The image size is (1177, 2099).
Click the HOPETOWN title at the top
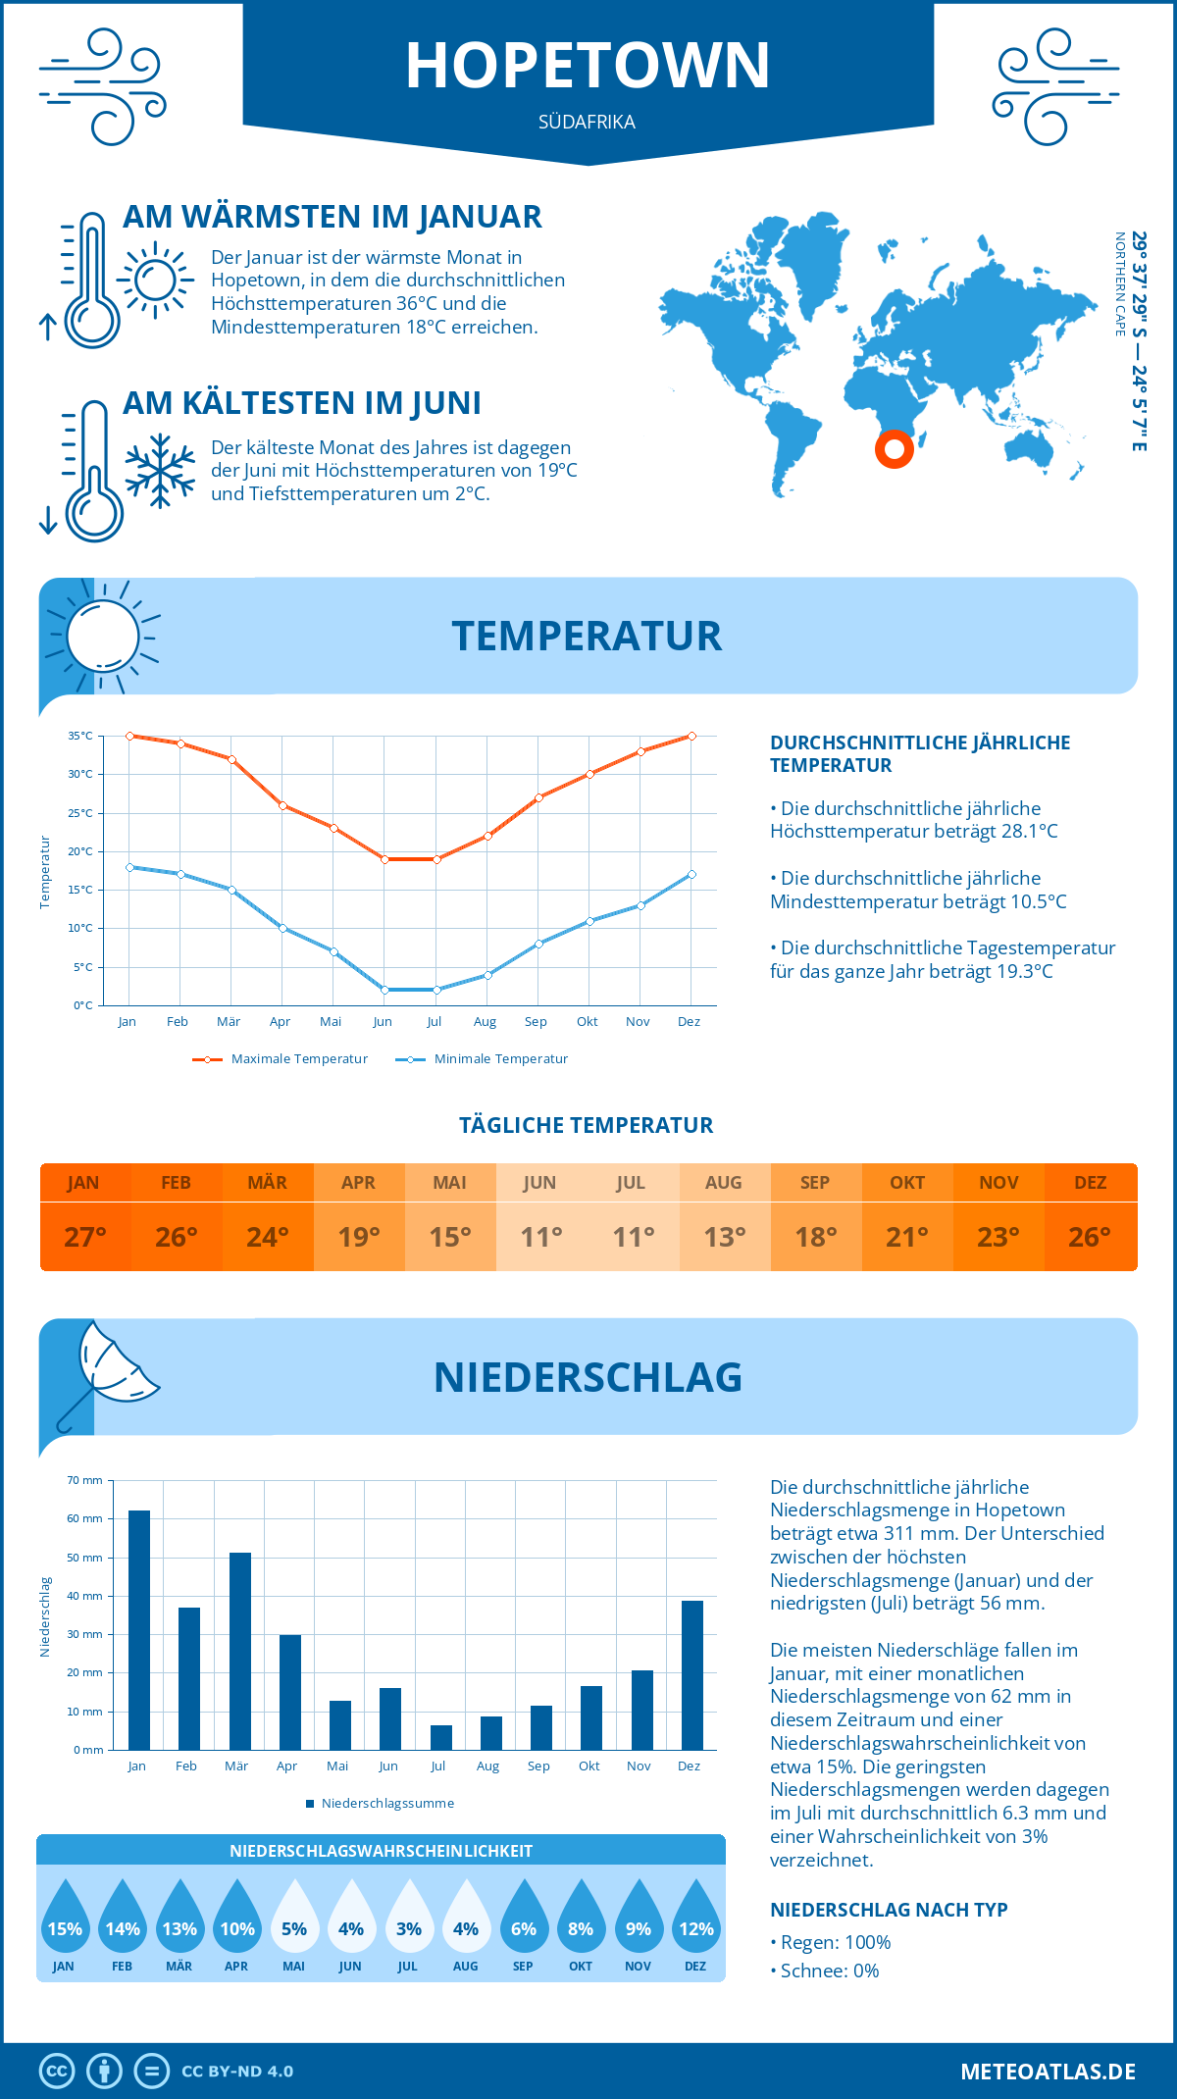(x=588, y=66)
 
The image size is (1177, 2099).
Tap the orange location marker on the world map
(x=894, y=449)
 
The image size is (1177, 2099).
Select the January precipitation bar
(x=139, y=1630)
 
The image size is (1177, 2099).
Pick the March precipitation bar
(x=240, y=1651)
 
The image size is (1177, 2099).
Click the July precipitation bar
(x=441, y=1737)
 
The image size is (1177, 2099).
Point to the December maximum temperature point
(x=691, y=736)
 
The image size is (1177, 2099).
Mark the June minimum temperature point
(x=384, y=990)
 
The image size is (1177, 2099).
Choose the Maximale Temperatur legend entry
(x=281, y=1059)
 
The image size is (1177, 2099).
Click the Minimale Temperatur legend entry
(x=483, y=1059)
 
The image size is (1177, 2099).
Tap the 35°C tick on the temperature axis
(x=80, y=736)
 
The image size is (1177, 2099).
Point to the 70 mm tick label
(x=85, y=1480)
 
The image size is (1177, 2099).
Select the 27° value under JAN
(x=85, y=1237)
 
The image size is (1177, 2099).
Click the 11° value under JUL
(x=633, y=1237)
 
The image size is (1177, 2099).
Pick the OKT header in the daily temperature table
(x=907, y=1183)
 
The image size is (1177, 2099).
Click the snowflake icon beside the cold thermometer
(x=160, y=471)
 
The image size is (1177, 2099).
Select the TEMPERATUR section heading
(x=587, y=636)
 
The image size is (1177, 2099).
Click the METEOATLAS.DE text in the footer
(x=1048, y=2072)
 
